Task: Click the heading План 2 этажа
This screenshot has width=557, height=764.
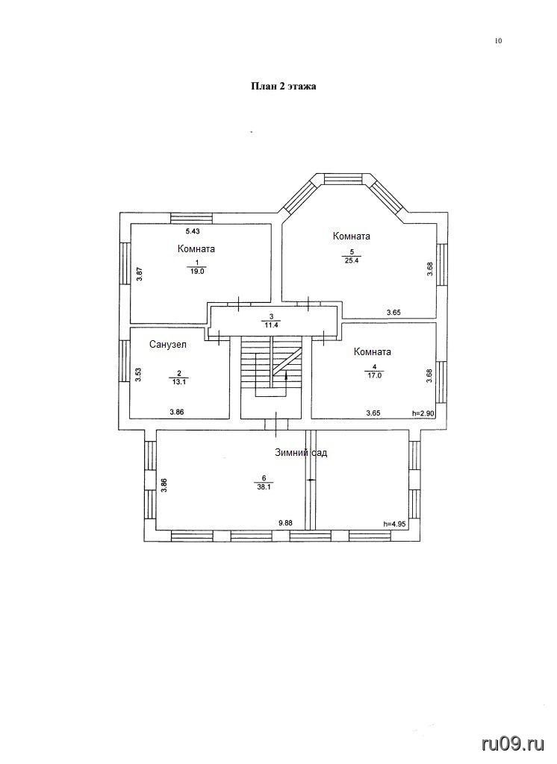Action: (284, 87)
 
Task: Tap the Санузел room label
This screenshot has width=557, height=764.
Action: (168, 345)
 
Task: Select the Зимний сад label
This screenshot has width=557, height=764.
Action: (301, 453)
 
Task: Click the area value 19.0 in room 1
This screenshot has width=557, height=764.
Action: (197, 272)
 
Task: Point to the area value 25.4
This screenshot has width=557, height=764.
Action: (351, 260)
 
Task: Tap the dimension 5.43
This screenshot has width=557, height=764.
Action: (193, 231)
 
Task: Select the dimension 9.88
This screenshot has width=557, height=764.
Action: (285, 523)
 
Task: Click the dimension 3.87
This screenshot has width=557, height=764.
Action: (139, 274)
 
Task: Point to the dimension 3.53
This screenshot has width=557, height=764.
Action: (139, 375)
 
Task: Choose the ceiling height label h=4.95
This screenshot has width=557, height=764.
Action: (395, 525)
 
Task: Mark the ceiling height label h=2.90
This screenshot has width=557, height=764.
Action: (423, 413)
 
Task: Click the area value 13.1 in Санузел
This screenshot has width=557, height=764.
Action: (179, 382)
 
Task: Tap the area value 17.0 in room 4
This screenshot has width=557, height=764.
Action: (374, 375)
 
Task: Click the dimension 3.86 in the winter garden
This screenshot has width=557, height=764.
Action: (164, 486)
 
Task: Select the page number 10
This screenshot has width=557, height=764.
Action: (498, 41)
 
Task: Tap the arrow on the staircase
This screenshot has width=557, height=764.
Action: (286, 375)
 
